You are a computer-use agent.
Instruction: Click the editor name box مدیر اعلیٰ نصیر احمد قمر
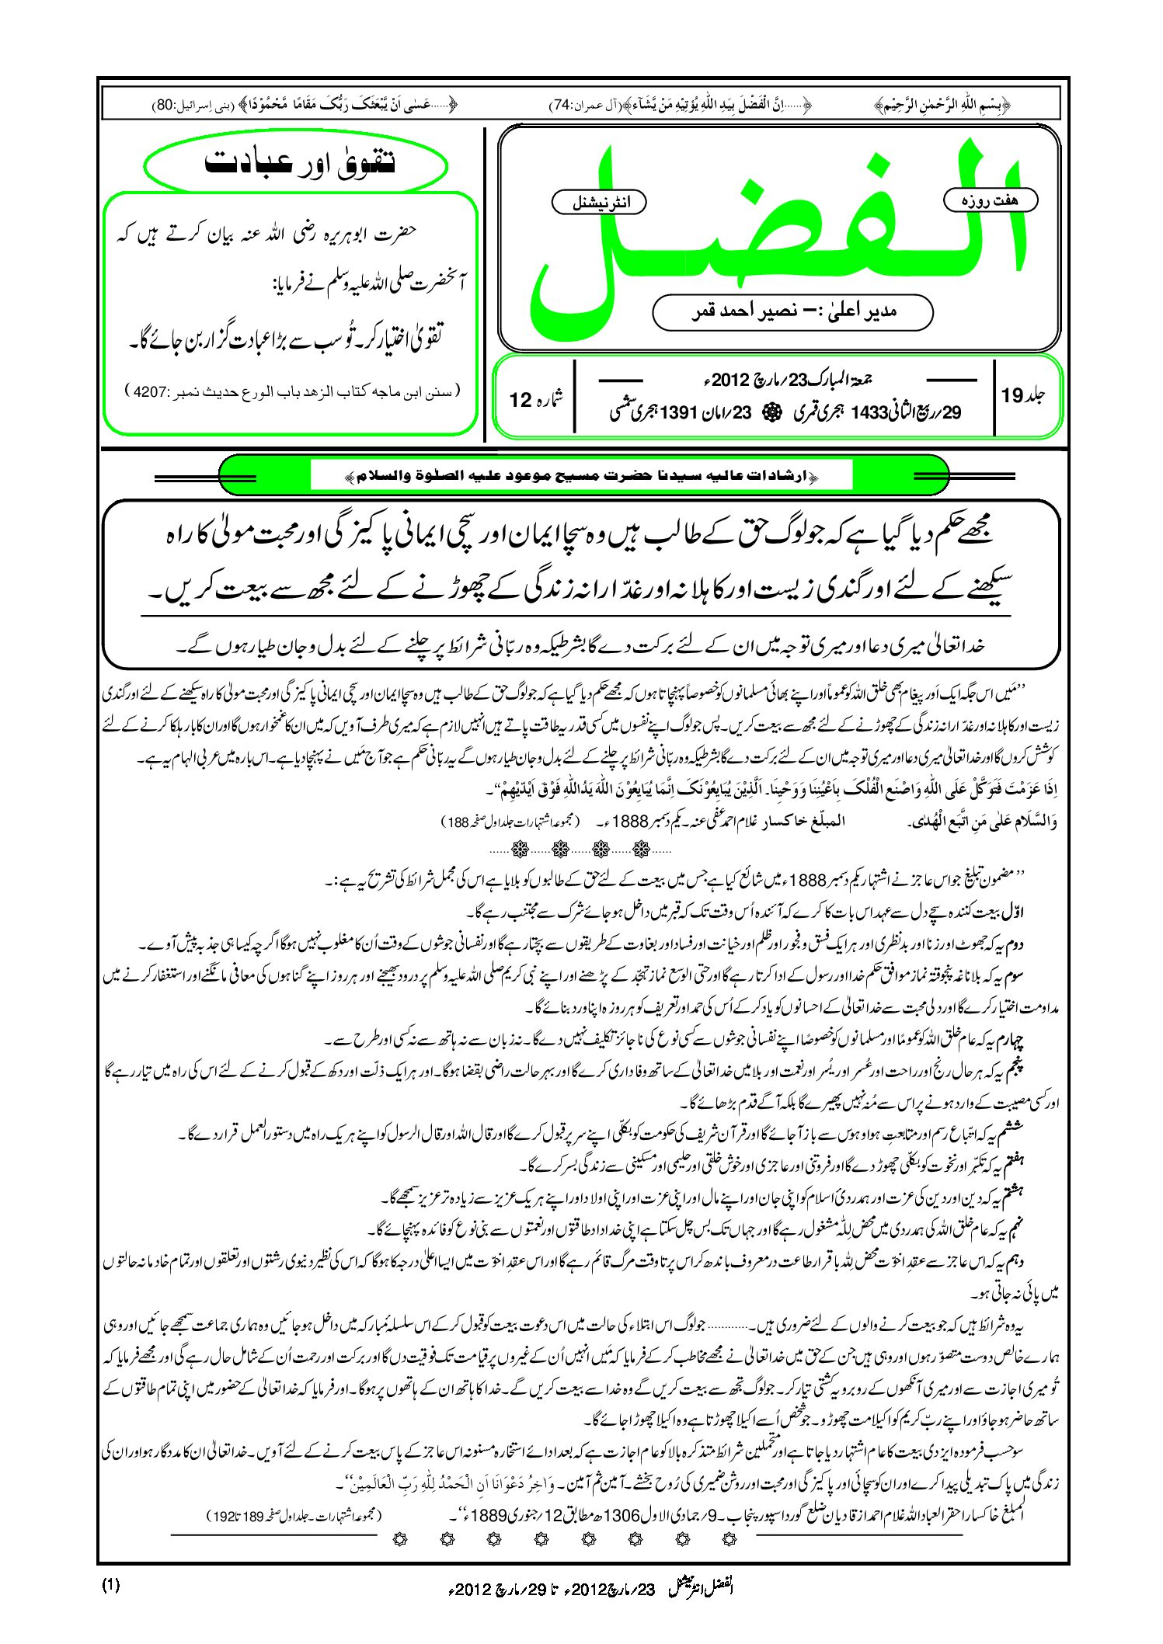tap(792, 311)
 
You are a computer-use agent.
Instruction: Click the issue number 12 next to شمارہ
tap(520, 400)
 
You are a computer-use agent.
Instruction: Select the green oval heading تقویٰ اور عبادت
tap(298, 163)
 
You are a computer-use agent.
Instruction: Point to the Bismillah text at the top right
tap(942, 105)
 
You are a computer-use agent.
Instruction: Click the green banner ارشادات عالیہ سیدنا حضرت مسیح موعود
tap(583, 474)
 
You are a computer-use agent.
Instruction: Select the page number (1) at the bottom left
tap(110, 1585)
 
